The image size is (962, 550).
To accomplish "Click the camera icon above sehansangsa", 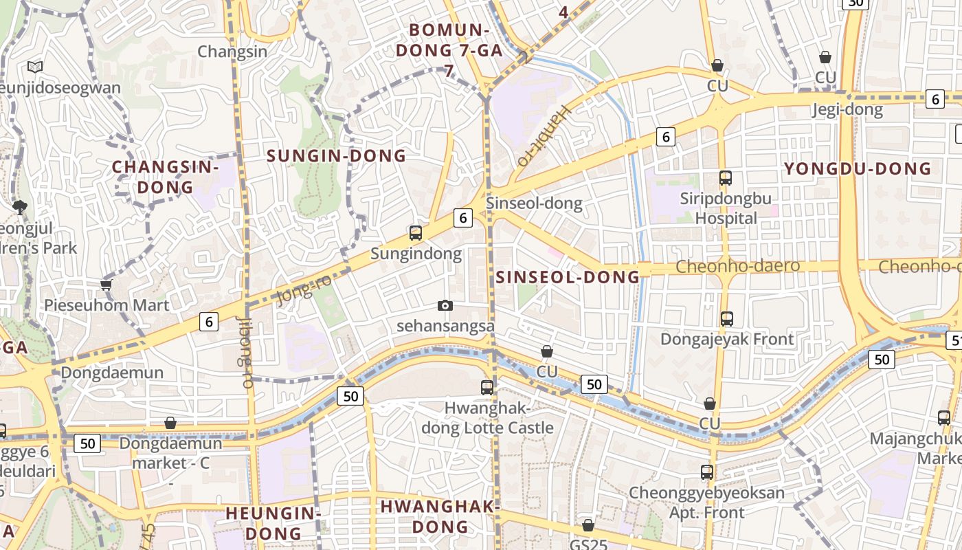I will [x=445, y=305].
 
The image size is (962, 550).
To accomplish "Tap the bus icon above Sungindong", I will [x=416, y=233].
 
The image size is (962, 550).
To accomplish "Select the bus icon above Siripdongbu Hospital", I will [x=726, y=178].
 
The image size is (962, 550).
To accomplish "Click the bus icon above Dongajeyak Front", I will [x=727, y=319].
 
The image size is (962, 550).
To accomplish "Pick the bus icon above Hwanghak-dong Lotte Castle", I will [x=487, y=387].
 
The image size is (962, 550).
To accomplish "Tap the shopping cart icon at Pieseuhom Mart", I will [x=106, y=285].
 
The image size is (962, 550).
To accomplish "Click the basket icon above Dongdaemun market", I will [x=170, y=423].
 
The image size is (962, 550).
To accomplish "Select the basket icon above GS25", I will [x=588, y=525].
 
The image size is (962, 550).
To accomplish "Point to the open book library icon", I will [x=35, y=67].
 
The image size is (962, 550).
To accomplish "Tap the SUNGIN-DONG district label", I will [x=337, y=156].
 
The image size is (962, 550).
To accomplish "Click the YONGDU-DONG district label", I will [x=858, y=168].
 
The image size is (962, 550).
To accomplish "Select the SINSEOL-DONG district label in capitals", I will [x=568, y=277].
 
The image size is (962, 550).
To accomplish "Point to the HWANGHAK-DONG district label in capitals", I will [x=439, y=517].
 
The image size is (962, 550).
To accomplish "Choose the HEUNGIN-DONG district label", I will [x=273, y=522].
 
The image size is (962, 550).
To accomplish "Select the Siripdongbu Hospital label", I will [x=726, y=208].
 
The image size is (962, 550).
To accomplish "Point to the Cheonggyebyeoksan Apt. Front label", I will [x=706, y=503].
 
